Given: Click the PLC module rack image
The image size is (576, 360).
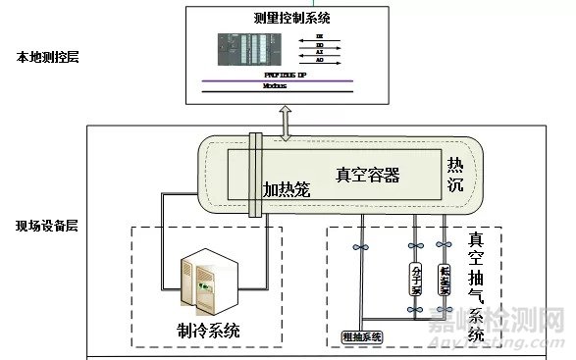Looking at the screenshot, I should (x=249, y=50).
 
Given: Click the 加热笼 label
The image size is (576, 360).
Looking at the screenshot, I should (x=287, y=188).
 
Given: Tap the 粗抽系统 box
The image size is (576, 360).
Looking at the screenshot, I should (x=362, y=337).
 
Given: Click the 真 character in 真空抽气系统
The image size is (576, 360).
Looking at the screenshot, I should (x=476, y=240).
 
